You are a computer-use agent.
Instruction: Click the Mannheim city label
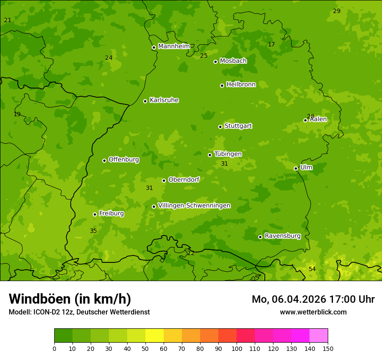(x=174, y=46)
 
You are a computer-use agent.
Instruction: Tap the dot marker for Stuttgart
(x=220, y=127)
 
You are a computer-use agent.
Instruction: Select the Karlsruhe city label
(x=164, y=100)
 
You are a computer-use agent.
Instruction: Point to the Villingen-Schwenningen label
(x=194, y=206)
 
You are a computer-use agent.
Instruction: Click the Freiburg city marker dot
(x=95, y=214)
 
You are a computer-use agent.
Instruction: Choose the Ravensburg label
(x=283, y=236)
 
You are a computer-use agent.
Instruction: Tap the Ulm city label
(x=306, y=167)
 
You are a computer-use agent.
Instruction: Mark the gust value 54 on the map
(x=312, y=269)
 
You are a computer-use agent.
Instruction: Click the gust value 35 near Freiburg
(x=93, y=231)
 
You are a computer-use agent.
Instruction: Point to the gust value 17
(x=271, y=44)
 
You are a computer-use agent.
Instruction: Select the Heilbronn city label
(x=241, y=85)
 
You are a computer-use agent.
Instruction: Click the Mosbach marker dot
(x=215, y=62)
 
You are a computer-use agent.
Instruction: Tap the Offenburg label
(x=124, y=160)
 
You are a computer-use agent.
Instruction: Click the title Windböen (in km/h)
(x=70, y=299)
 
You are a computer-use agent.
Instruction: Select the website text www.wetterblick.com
(x=313, y=312)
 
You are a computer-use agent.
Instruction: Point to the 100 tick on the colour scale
(x=237, y=349)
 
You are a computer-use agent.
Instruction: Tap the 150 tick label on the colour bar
(x=328, y=349)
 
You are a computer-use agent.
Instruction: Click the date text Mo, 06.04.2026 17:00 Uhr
(x=313, y=299)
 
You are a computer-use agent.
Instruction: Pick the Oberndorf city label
(x=184, y=180)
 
